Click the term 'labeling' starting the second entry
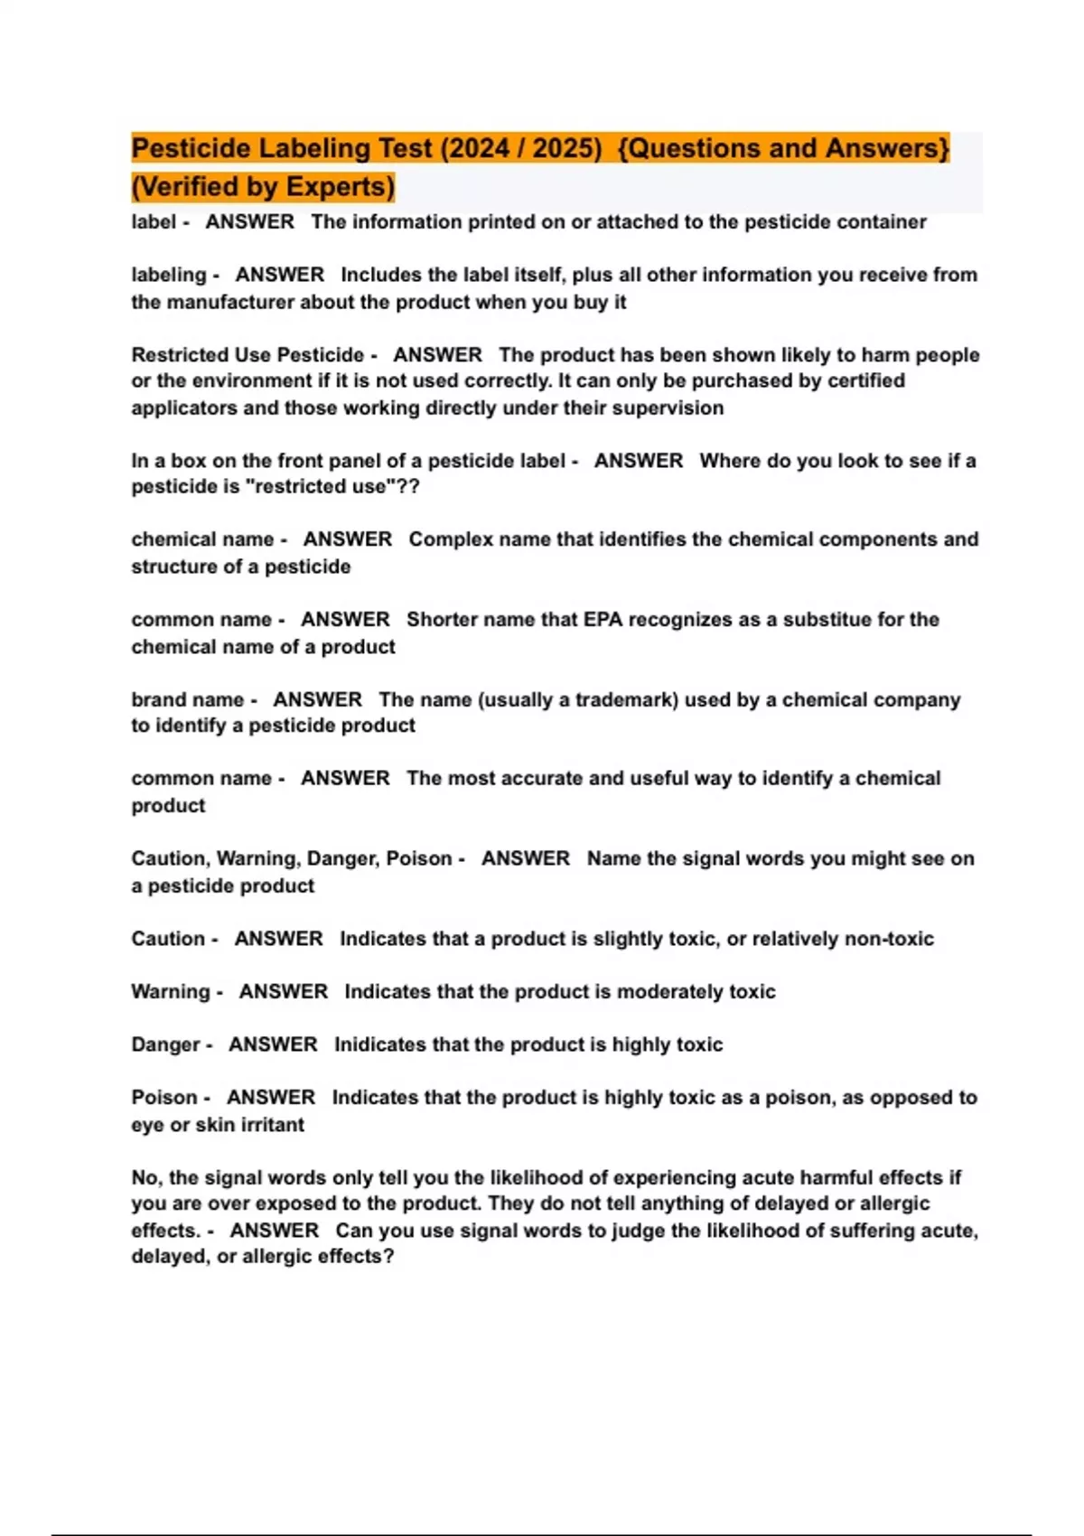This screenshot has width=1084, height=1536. click(x=169, y=275)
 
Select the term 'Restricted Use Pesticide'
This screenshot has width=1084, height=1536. click(x=248, y=355)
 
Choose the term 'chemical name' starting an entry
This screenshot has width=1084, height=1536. click(x=202, y=539)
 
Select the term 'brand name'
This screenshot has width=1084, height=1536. click(x=187, y=699)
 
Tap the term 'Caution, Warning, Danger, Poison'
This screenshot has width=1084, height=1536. click(x=291, y=858)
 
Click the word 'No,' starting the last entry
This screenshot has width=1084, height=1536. click(x=146, y=1178)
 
